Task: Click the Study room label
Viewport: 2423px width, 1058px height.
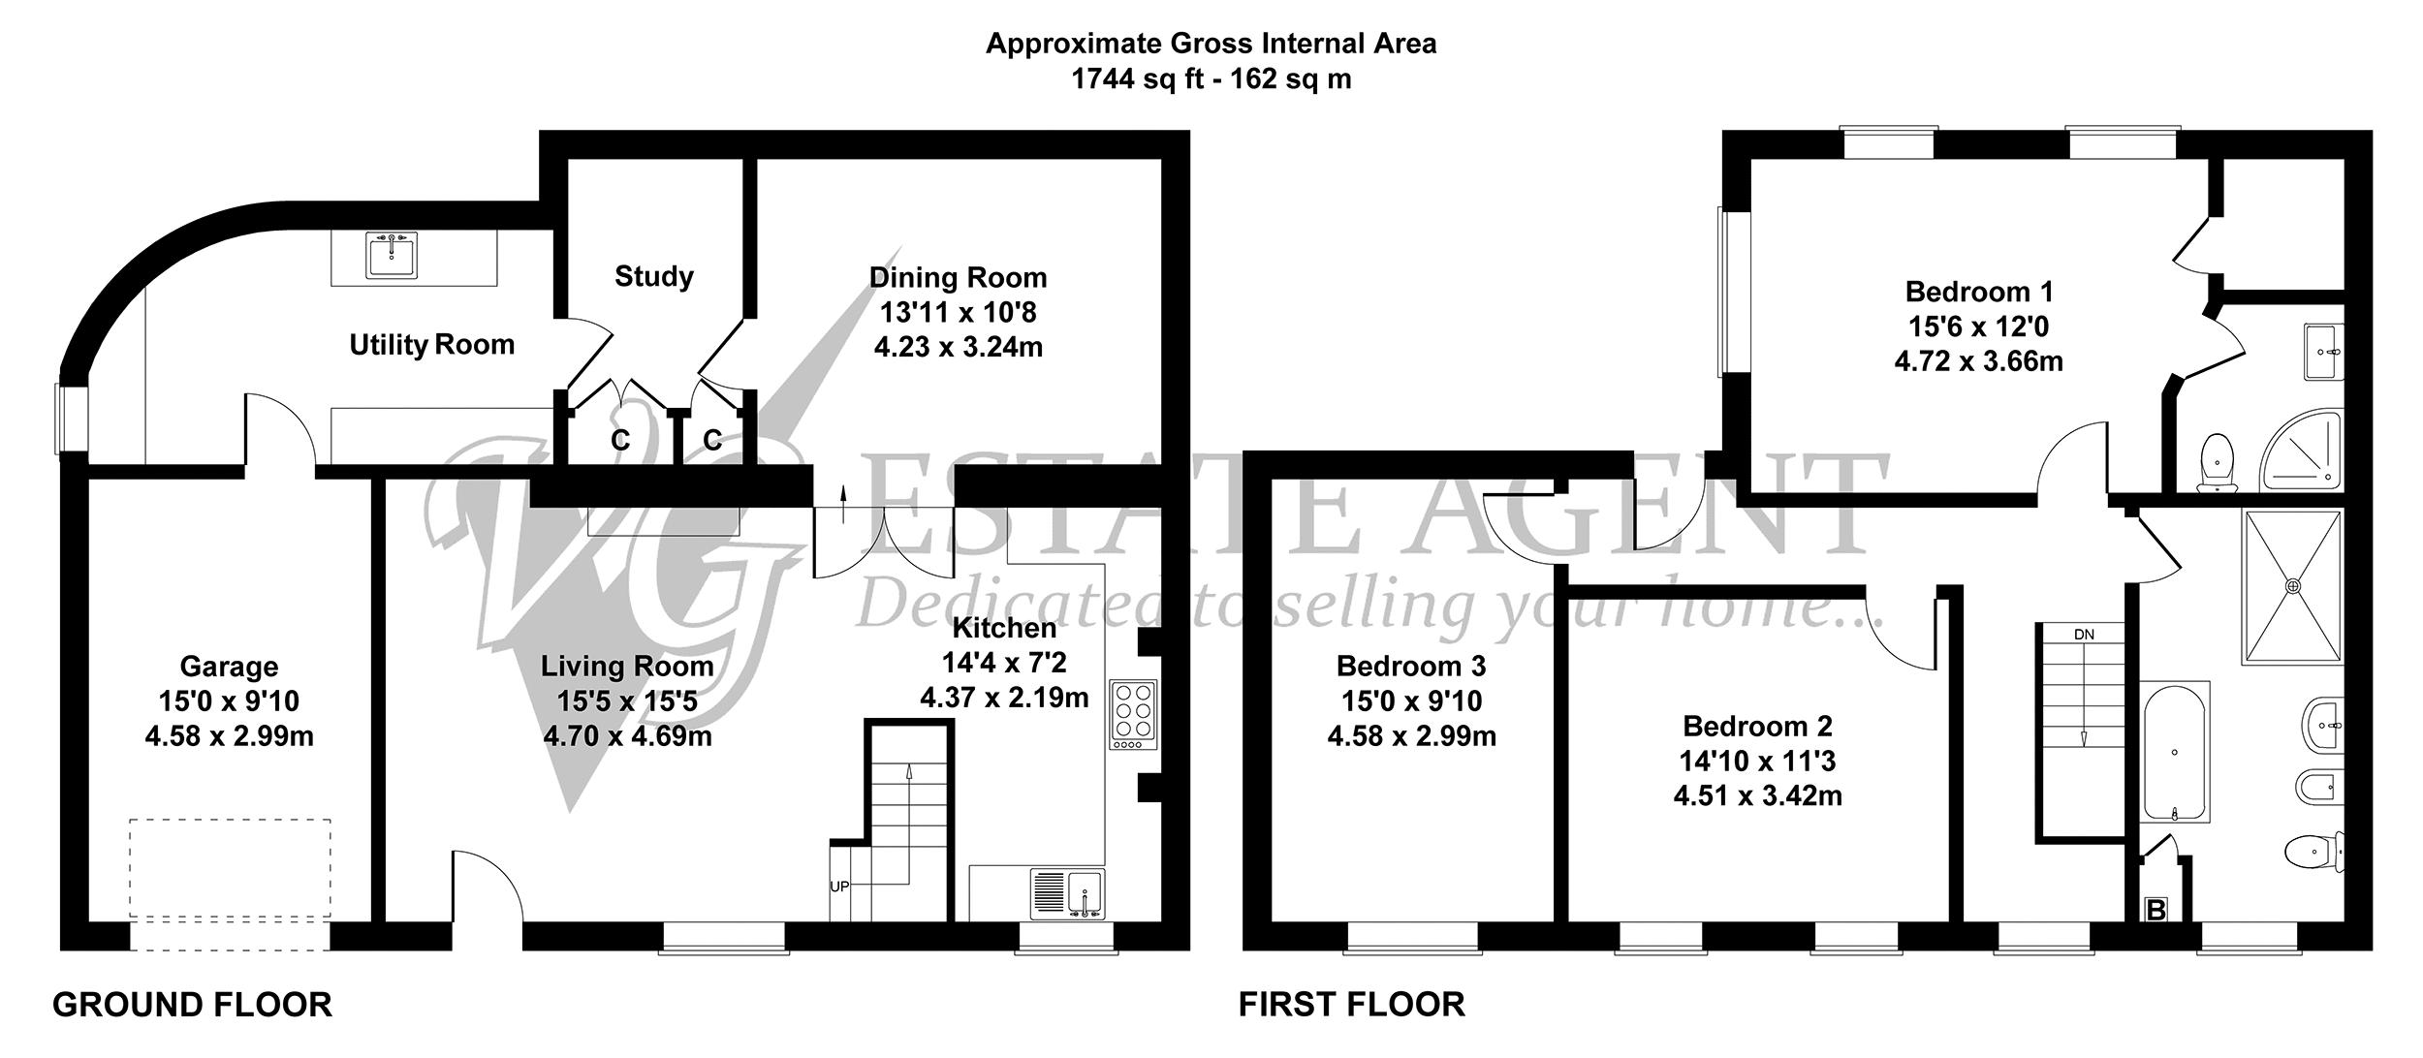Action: (x=654, y=277)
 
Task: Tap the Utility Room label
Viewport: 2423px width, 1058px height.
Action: (x=432, y=345)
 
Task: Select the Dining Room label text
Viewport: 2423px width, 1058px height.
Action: (x=959, y=278)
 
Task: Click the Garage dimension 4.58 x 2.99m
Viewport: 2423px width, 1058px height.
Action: (x=230, y=736)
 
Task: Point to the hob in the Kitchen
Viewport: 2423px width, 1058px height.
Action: (x=1134, y=716)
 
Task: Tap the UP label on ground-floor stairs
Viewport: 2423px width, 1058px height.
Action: (x=839, y=887)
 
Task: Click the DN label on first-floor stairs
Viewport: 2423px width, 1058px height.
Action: (x=2084, y=635)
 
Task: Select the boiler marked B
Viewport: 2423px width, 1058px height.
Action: (x=2156, y=910)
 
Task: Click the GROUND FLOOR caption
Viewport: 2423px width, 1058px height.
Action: (x=192, y=1005)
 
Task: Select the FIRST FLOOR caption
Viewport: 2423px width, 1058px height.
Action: (x=1352, y=1005)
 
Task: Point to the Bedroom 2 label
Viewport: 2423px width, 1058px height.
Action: (x=1758, y=726)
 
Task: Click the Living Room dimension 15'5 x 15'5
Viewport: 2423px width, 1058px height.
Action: (x=627, y=700)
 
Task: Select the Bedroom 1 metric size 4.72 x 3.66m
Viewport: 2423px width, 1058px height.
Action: (x=1978, y=361)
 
